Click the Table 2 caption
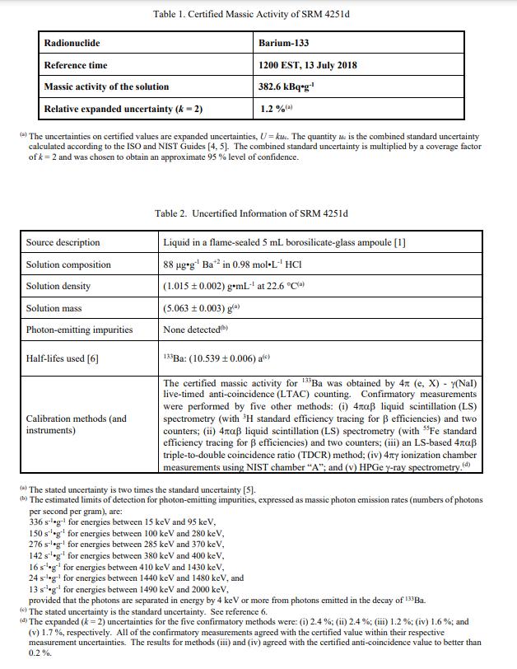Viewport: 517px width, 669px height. click(251, 214)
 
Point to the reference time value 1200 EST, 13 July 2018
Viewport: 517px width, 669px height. click(308, 65)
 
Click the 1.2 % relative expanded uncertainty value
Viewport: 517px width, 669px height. click(277, 109)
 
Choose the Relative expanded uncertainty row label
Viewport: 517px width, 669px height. click(123, 109)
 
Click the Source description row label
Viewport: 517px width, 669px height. click(63, 242)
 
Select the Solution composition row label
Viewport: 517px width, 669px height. click(68, 264)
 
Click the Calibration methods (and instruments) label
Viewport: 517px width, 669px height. click(77, 424)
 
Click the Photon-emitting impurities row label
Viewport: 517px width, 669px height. click(79, 330)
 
